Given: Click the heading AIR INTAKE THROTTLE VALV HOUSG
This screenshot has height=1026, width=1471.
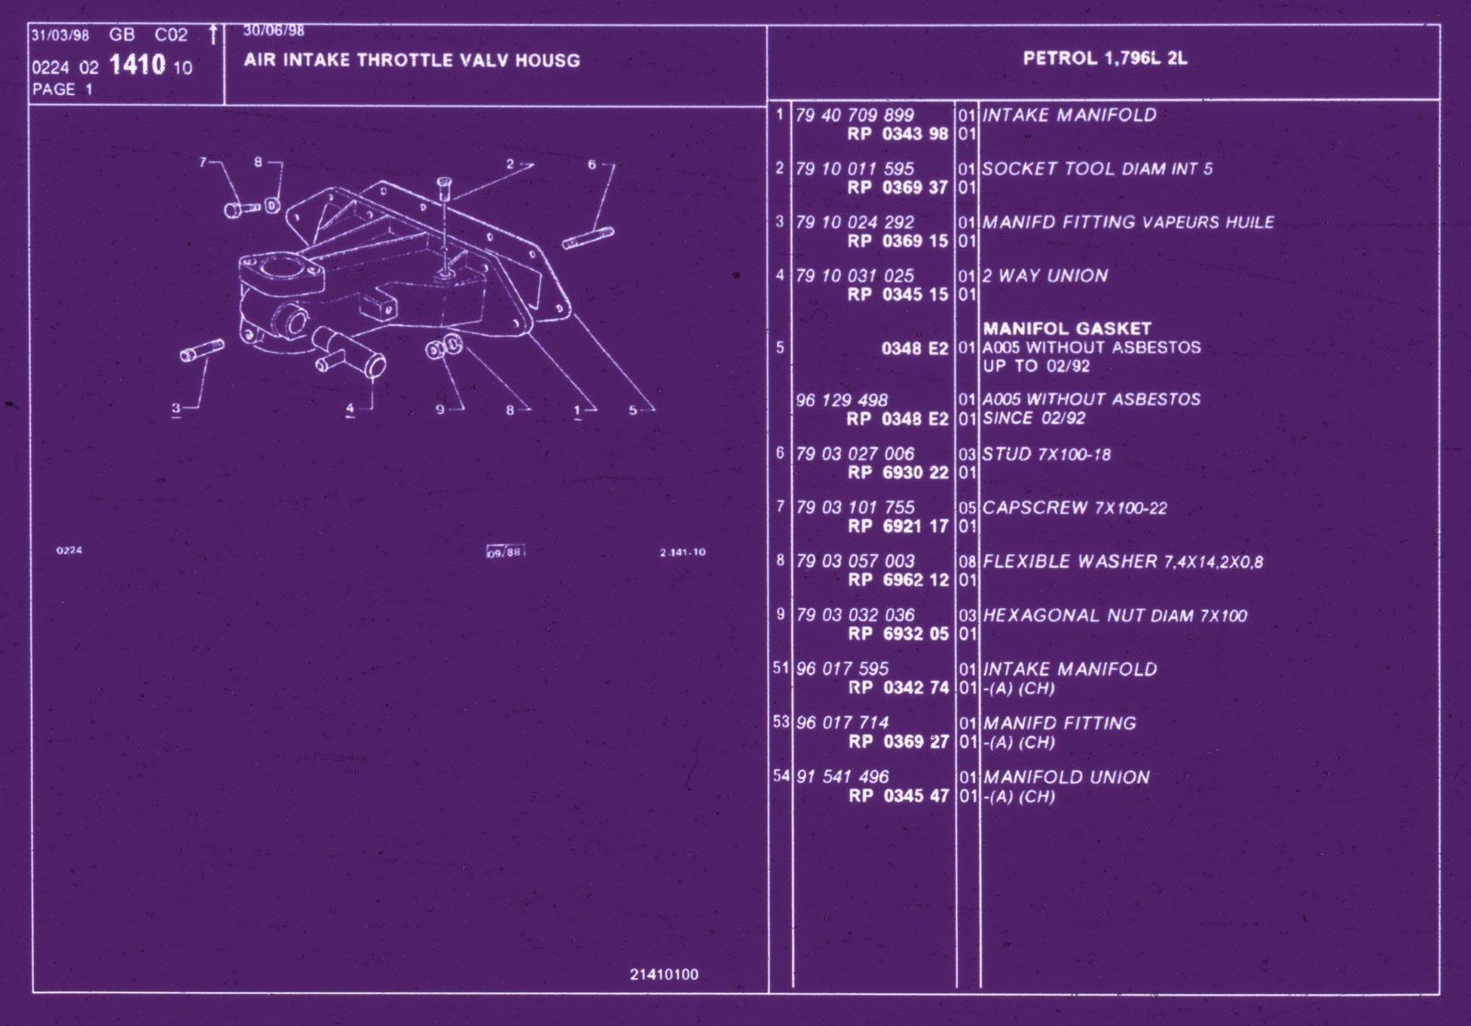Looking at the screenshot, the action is [x=411, y=60].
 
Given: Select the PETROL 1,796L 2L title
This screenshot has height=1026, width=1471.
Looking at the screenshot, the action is [x=1105, y=58].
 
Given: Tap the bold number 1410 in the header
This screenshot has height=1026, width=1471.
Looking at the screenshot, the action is [x=137, y=65].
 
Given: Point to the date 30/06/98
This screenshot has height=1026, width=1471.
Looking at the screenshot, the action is [x=274, y=31].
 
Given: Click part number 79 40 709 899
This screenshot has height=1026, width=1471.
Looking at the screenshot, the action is [x=855, y=115].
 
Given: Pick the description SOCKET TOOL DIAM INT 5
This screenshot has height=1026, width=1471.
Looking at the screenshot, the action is [x=1097, y=169].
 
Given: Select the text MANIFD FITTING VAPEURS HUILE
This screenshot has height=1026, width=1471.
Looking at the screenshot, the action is [x=1128, y=222].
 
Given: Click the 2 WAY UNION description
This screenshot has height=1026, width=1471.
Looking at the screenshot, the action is [x=1044, y=276].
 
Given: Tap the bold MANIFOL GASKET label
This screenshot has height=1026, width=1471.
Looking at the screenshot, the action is [x=1067, y=328].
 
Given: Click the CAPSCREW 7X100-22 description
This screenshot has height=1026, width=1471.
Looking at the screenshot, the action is [x=1075, y=508].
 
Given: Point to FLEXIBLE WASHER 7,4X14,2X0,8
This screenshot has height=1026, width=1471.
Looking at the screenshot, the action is [x=1123, y=561].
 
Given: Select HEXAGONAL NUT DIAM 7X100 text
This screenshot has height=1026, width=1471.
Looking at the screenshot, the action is [x=1115, y=615].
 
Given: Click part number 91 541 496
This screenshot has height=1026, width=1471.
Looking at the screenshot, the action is [x=843, y=777].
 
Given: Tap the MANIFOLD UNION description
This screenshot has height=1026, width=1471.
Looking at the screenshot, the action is [x=1066, y=777].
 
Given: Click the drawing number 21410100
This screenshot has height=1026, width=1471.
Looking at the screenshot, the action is [x=664, y=974].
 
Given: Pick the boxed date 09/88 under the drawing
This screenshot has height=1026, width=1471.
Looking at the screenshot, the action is [x=505, y=552].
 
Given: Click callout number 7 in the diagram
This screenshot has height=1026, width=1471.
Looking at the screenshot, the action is [x=203, y=162].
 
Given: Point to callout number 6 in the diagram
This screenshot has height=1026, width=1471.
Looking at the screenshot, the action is [x=592, y=164].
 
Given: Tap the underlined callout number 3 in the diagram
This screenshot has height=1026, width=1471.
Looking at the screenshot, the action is [x=176, y=408].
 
